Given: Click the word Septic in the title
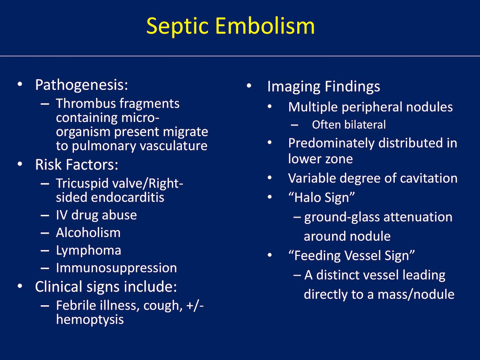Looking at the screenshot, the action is click(177, 27).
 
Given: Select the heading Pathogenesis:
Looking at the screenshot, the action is click(82, 85).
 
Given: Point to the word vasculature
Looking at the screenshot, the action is click(174, 146).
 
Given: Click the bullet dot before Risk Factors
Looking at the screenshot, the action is click(20, 164).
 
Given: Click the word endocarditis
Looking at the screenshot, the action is click(128, 197).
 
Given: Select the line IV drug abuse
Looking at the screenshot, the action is click(96, 215).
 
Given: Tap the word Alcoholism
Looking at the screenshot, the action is click(88, 232).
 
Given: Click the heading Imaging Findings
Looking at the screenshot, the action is click(324, 87).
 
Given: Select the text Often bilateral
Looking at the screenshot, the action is click(349, 125).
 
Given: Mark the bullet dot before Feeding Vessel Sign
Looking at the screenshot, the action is click(270, 255).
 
